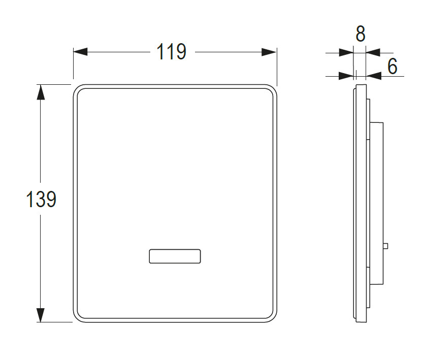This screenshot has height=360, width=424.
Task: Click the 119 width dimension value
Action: click(x=172, y=51)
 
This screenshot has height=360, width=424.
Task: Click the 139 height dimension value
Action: click(x=41, y=199)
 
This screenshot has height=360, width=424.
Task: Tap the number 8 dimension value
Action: click(x=361, y=34)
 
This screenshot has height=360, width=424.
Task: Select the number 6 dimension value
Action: click(x=393, y=67)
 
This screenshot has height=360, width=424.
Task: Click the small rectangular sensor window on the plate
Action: click(x=175, y=256)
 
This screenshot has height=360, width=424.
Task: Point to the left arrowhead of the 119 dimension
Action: click(x=80, y=52)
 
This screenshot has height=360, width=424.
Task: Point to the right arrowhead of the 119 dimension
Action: click(x=269, y=52)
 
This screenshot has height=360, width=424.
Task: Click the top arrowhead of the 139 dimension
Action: click(x=41, y=92)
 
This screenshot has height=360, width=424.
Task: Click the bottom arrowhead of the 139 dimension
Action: click(x=41, y=315)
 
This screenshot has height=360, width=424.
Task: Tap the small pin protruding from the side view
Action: click(x=386, y=246)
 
